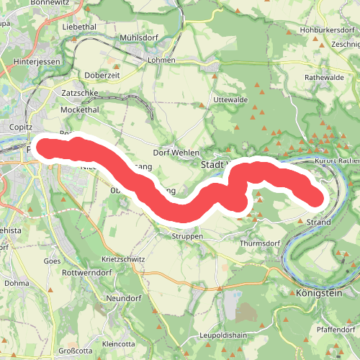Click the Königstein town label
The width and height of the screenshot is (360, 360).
pos(316,294)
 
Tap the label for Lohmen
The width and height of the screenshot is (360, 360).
pos(162,60)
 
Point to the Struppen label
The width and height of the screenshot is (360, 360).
pos(188,235)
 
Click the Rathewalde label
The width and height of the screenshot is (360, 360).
pos(326,76)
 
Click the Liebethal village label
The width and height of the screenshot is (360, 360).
pos(79,26)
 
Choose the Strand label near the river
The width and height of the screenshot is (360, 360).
pos(318,222)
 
